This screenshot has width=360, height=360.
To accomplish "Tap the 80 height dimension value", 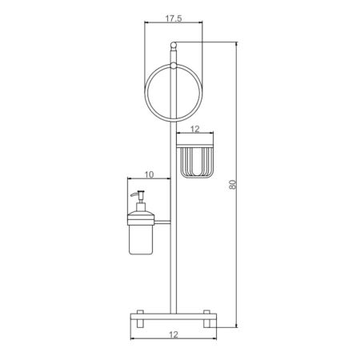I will click(233, 183).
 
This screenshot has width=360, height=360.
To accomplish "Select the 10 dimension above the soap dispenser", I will click(149, 174).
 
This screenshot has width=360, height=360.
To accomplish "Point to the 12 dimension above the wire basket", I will click(195, 127).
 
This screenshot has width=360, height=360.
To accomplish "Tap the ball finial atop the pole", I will click(174, 42).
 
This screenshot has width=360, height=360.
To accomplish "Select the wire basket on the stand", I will click(195, 161).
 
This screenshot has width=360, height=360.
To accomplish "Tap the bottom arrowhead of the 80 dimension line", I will click(239, 326).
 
